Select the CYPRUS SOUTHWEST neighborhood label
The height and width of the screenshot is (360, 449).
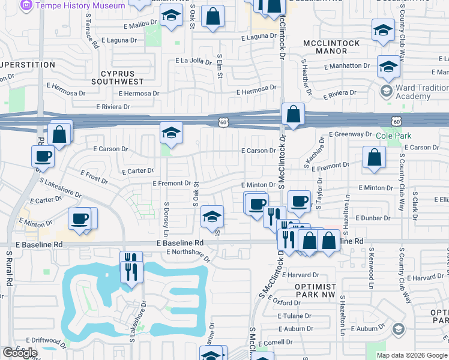[118, 77]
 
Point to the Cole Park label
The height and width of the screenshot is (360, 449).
[388, 136]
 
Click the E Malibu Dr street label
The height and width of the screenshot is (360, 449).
[140, 26]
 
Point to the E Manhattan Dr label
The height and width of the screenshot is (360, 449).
[347, 65]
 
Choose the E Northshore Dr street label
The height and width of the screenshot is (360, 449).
[188, 256]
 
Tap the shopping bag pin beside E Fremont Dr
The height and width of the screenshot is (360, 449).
[374, 158]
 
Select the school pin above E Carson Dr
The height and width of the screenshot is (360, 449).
[171, 133]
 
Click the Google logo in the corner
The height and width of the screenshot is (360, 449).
[20, 353]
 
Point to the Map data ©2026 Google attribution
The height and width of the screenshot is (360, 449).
[412, 355]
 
